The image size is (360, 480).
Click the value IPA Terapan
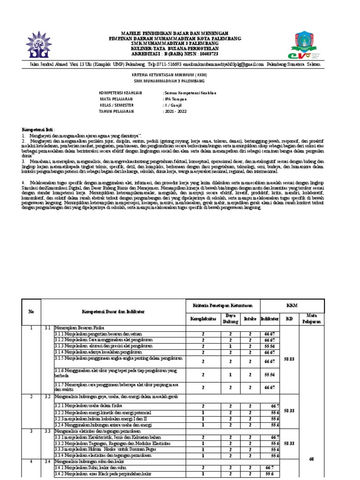tap(174, 99)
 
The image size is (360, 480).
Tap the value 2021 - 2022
tap(175, 112)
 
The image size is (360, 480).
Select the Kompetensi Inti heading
tap(38, 129)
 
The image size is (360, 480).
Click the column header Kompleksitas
tap(203, 319)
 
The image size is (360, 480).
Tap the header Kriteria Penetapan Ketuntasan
tap(223, 306)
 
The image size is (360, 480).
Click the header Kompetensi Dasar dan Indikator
tap(113, 311)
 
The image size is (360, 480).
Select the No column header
tap(31, 311)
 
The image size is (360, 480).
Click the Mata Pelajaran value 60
tap(311, 459)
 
